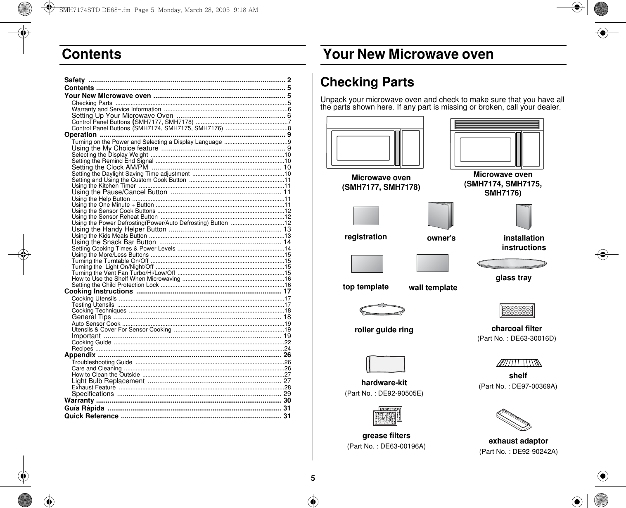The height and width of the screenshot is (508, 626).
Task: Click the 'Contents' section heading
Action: click(92, 55)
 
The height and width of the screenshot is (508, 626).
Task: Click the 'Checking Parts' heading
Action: click(367, 82)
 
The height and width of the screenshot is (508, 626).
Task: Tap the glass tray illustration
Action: click(512, 264)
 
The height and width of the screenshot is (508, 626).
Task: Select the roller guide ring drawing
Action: click(382, 310)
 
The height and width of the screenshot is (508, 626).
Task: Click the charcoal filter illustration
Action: click(517, 310)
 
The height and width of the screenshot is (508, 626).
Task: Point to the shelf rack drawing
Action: click(519, 363)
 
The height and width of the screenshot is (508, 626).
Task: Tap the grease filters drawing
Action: click(387, 416)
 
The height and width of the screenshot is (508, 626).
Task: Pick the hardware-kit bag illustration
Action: click(386, 364)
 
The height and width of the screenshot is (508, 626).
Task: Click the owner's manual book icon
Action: click(440, 216)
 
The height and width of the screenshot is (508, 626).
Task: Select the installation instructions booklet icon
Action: click(524, 217)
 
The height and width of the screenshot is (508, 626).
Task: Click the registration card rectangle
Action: click(366, 216)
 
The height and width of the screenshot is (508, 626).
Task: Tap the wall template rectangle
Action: click(432, 263)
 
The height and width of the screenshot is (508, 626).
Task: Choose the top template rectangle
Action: click(367, 264)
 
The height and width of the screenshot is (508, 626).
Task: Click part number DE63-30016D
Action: click(517, 339)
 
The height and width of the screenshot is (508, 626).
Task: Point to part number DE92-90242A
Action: click(518, 452)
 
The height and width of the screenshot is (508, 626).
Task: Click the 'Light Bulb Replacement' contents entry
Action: click(108, 381)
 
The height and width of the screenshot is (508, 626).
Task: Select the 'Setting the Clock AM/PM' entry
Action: click(110, 167)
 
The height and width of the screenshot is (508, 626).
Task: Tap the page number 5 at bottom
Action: click(313, 478)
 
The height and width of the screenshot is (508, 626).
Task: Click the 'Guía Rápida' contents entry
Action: click(84, 408)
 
